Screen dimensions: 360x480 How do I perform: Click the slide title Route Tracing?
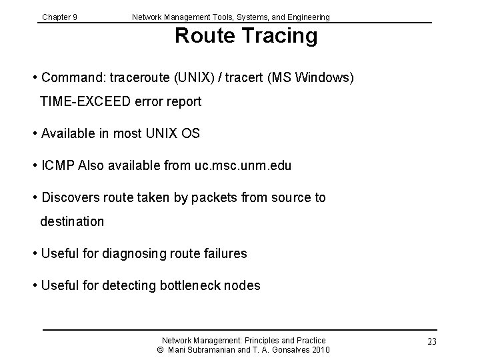[x=246, y=36]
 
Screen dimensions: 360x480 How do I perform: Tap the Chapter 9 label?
[x=59, y=17]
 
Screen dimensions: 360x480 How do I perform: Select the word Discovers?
[x=71, y=197]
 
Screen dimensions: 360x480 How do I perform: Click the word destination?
[x=72, y=221]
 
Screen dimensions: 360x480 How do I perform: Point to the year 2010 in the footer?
[x=319, y=350]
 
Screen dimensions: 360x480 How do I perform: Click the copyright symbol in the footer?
[x=161, y=350]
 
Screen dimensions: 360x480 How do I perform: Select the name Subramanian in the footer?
[x=212, y=350]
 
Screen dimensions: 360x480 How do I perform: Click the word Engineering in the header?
[x=307, y=17]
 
